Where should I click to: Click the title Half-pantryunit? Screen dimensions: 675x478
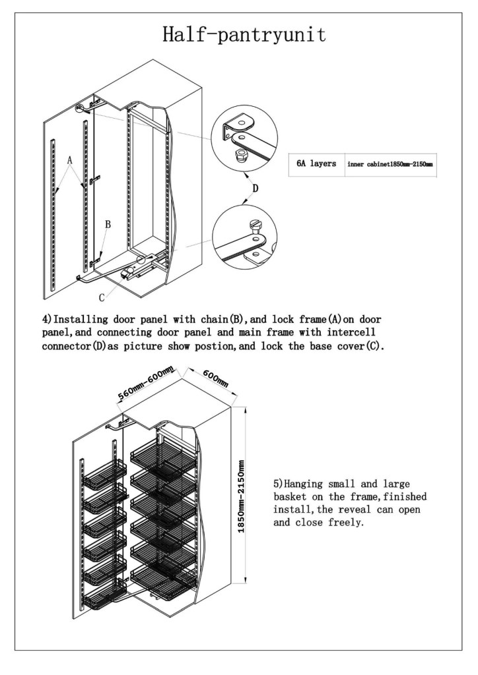(x=244, y=34)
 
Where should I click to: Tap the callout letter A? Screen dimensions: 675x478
(x=69, y=160)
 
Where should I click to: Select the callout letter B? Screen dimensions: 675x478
(x=108, y=225)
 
